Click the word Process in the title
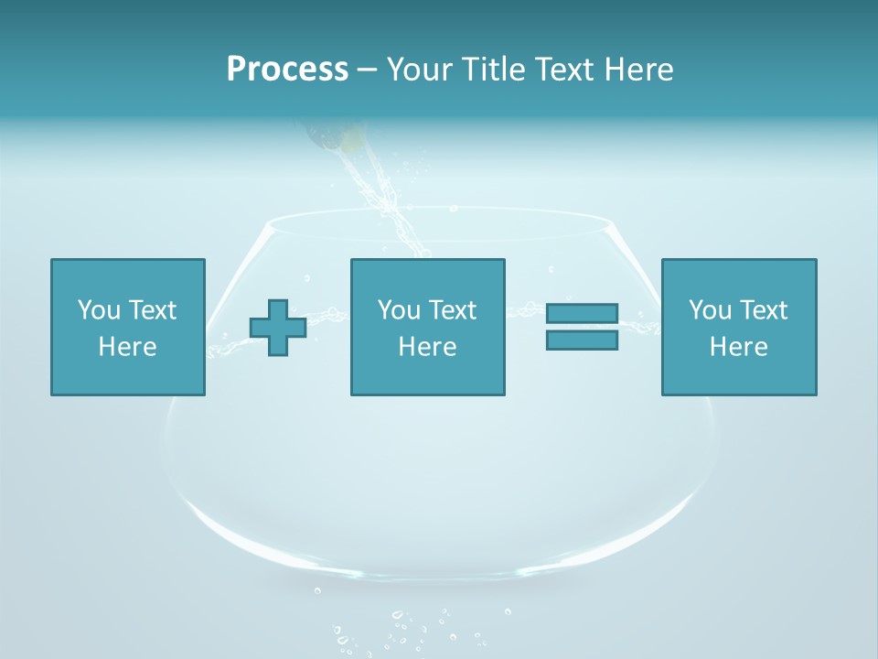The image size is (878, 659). [287, 70]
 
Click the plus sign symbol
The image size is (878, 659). [278, 327]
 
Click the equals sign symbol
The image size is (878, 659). [582, 327]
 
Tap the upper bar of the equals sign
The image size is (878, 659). [582, 314]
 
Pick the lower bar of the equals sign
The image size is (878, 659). [582, 340]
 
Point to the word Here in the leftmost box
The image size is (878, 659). [128, 347]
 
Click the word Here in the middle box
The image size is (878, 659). [427, 347]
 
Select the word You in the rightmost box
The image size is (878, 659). [710, 310]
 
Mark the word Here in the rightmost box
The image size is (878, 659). [739, 347]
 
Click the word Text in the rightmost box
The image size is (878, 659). [763, 310]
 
